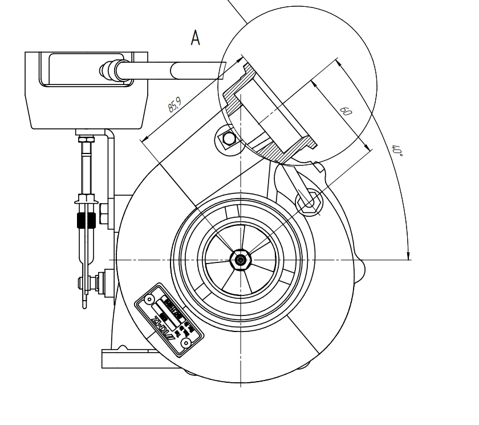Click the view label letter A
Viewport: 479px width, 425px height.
[196, 39]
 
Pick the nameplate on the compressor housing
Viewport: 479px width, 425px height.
[166, 320]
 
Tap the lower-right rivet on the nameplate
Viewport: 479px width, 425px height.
[185, 343]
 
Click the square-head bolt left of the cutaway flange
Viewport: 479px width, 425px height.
[229, 139]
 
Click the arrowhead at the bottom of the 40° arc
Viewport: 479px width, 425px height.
[409, 254]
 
